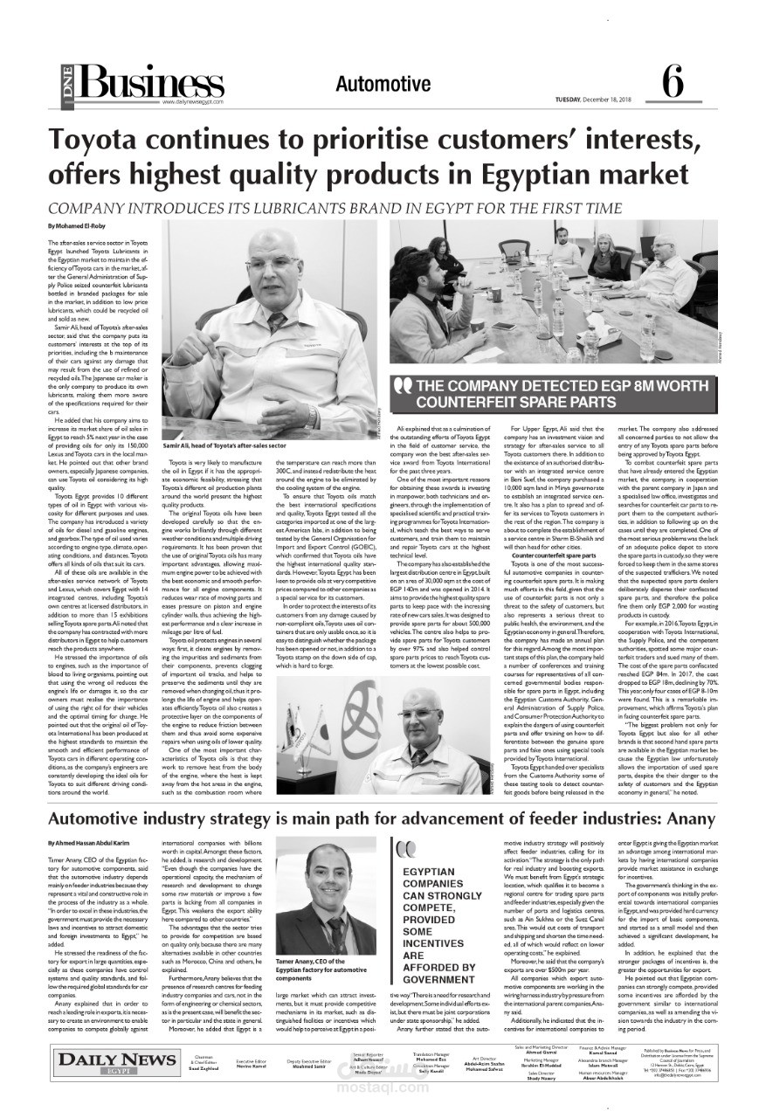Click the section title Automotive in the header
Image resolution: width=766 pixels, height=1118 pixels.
click(x=383, y=84)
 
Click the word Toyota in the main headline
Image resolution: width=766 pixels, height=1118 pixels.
click(x=95, y=140)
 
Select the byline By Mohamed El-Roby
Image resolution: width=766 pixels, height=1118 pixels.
click(x=77, y=226)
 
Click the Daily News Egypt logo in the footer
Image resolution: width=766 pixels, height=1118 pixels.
click(x=105, y=1063)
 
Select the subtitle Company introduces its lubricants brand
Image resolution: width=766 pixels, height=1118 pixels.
click(x=335, y=209)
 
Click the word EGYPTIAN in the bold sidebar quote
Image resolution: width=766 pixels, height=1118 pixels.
click(x=429, y=872)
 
